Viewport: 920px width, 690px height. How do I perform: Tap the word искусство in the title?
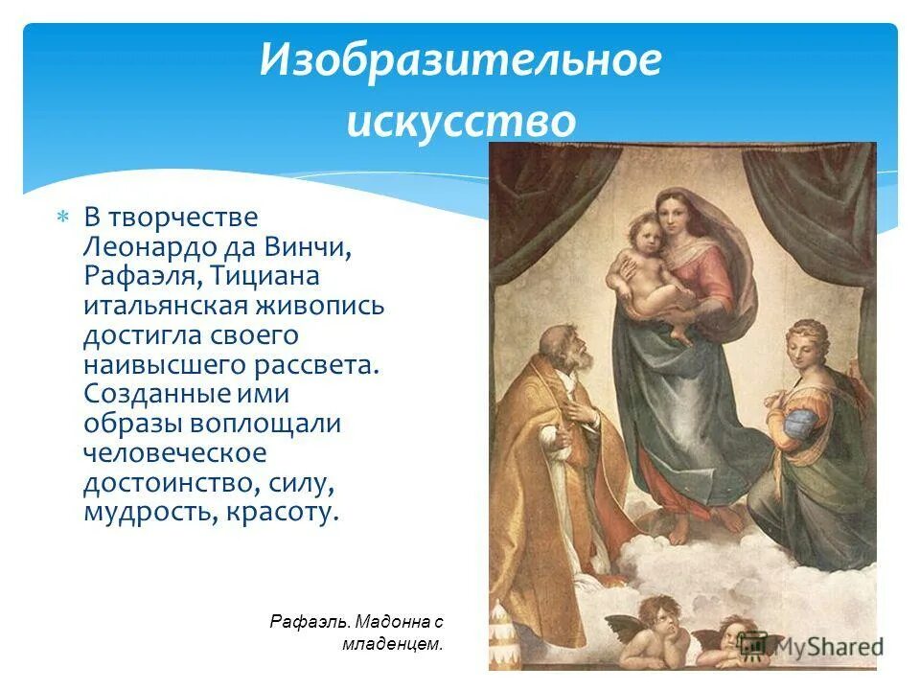[460, 122]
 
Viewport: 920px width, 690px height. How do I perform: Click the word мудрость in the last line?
[150, 512]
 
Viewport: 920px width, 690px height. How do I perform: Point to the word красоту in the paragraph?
[283, 512]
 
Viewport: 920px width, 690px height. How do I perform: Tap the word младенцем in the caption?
[392, 644]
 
